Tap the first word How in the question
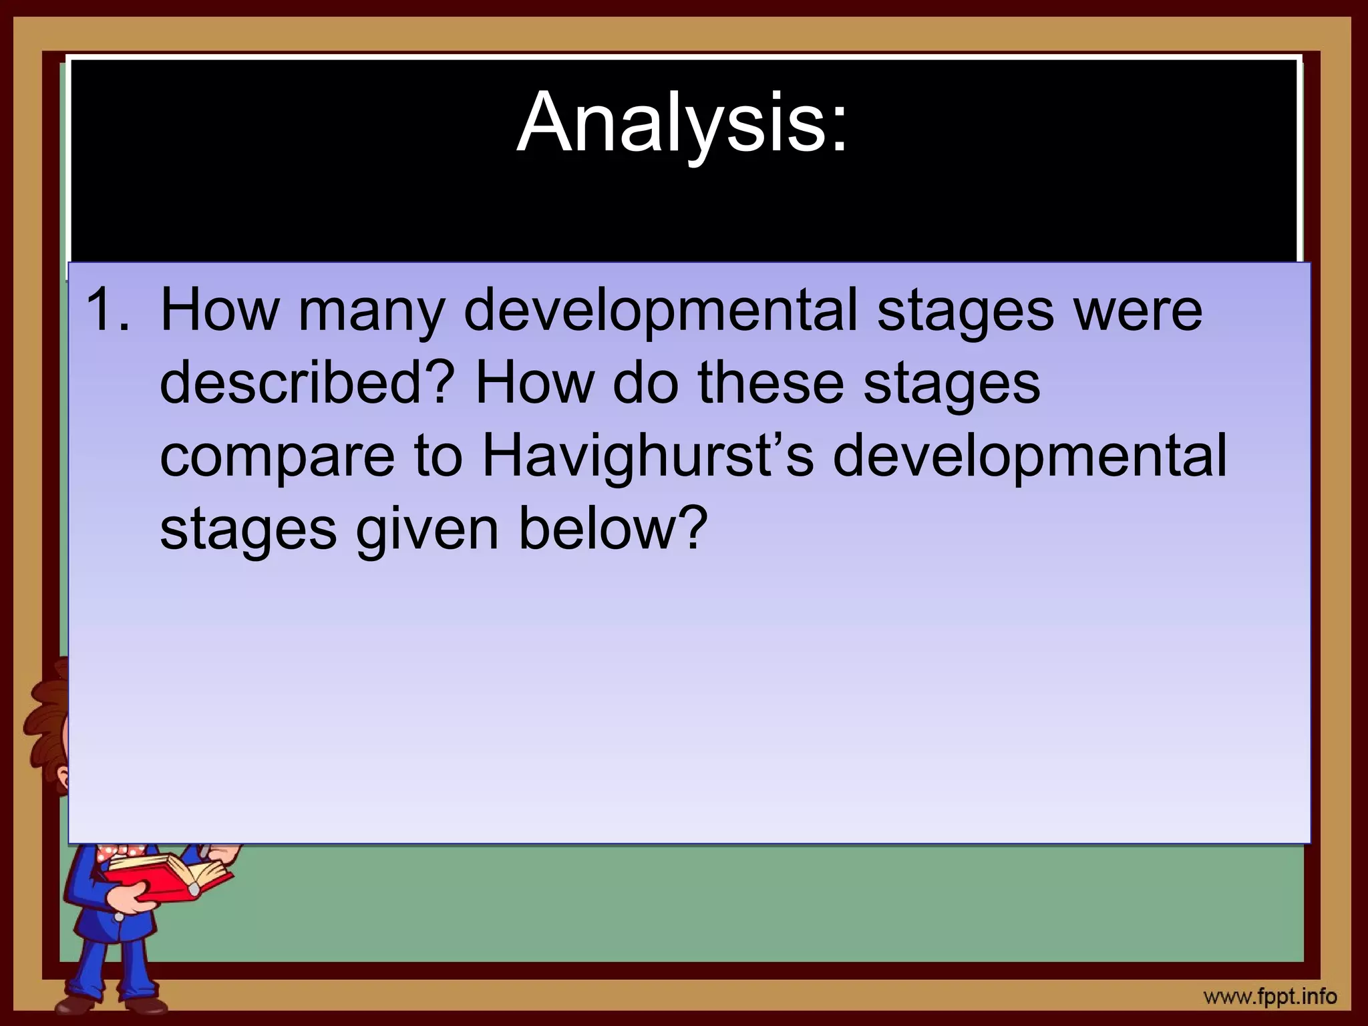[219, 311]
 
